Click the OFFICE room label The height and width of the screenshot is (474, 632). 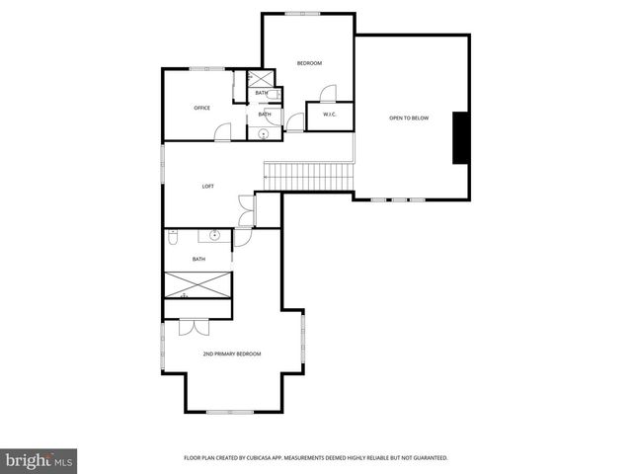click(201, 108)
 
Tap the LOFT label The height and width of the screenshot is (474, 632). click(207, 186)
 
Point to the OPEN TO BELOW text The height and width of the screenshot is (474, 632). click(409, 118)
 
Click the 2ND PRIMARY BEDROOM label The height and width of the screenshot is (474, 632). click(232, 353)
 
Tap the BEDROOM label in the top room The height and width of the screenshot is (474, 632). click(310, 63)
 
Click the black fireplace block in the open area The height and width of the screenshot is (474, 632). click(460, 138)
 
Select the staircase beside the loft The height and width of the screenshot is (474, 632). click(308, 176)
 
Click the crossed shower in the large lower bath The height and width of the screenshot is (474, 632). click(197, 286)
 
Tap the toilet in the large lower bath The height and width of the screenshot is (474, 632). click(172, 237)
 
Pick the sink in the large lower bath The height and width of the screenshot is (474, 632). click(214, 236)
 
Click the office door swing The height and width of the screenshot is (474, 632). click(224, 130)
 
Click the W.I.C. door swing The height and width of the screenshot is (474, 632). click(329, 96)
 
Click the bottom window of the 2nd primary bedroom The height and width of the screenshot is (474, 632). click(233, 412)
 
